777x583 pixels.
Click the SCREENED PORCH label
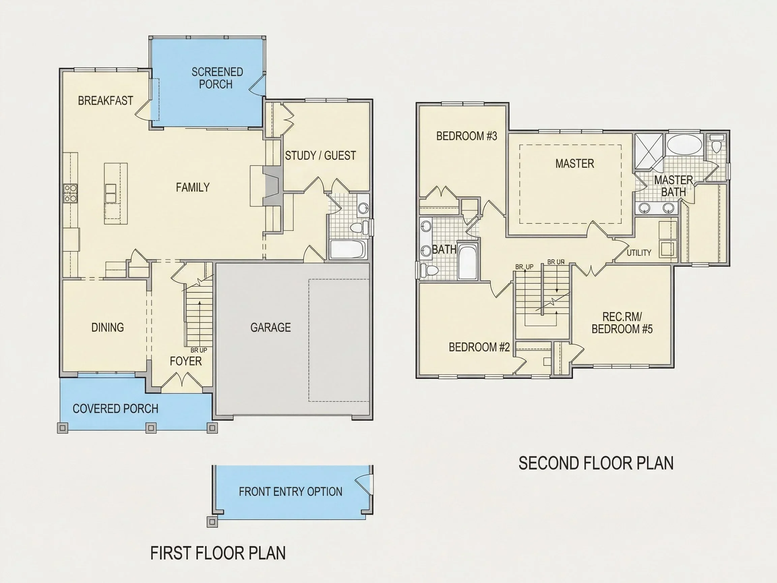217,78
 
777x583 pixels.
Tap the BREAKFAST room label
106,101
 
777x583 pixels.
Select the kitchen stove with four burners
70,194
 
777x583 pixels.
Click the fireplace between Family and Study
273,186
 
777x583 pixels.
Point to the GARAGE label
270,327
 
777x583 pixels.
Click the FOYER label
186,361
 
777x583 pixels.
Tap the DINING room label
108,327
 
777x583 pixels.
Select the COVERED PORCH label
116,409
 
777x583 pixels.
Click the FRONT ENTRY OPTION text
291,492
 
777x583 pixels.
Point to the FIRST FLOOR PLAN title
218,553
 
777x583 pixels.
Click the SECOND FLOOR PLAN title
596,463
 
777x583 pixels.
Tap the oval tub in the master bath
684,145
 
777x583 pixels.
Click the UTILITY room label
639,253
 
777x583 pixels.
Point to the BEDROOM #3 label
467,136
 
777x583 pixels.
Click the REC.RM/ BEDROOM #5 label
622,323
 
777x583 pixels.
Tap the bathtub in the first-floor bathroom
348,249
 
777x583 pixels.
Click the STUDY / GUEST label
320,156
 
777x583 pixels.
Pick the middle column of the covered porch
151,428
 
